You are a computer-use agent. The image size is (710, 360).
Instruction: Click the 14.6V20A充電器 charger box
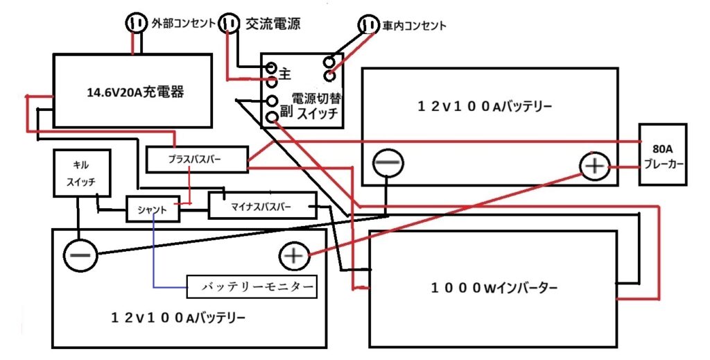click(132, 91)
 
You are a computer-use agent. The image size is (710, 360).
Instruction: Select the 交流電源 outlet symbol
click(229, 24)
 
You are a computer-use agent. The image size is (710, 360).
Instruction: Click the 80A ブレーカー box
click(664, 155)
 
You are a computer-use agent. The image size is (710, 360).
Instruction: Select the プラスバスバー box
click(197, 160)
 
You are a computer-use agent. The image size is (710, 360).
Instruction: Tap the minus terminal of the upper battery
click(387, 164)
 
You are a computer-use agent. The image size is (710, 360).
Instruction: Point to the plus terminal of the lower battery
click(295, 256)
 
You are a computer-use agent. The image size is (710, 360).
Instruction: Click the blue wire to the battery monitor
click(153, 257)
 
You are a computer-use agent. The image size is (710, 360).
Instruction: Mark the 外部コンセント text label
click(182, 24)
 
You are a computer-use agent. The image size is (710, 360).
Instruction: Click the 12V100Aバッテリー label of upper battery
click(485, 107)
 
